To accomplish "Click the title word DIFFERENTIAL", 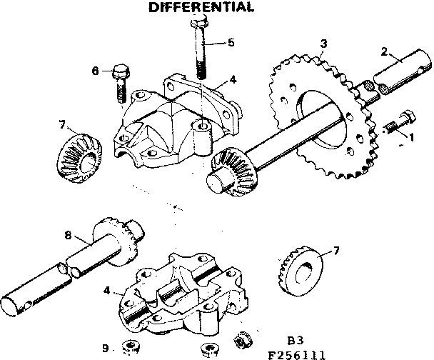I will pyautogui.click(x=200, y=8).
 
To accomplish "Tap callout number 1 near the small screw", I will pyautogui.click(x=410, y=136).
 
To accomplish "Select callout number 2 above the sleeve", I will pyautogui.click(x=384, y=52).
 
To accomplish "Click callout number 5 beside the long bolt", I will pyautogui.click(x=230, y=42).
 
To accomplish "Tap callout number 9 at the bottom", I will pyautogui.click(x=105, y=348).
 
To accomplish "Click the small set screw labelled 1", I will pyautogui.click(x=397, y=123).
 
